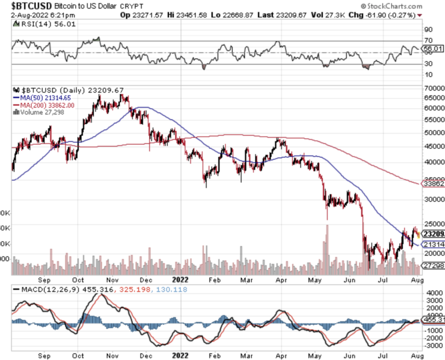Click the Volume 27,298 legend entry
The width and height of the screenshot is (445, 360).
pyautogui.click(x=41, y=112)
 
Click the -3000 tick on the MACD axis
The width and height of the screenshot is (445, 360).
pyautogui.click(x=430, y=346)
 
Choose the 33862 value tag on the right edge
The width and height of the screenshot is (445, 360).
pyautogui.click(x=434, y=184)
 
